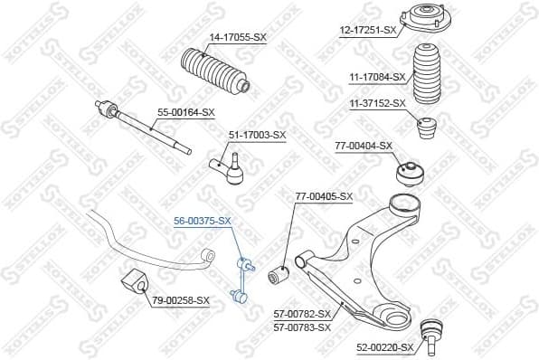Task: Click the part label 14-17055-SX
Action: tap(238, 38)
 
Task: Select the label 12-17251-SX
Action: tap(368, 30)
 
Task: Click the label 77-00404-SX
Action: tap(364, 145)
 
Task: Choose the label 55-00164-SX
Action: tap(186, 112)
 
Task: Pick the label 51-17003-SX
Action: tap(256, 135)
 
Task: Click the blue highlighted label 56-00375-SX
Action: tap(203, 220)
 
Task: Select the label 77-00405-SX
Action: tap(325, 195)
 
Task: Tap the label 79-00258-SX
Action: tap(180, 299)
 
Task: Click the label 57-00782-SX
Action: tap(302, 314)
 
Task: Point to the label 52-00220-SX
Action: tap(384, 347)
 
